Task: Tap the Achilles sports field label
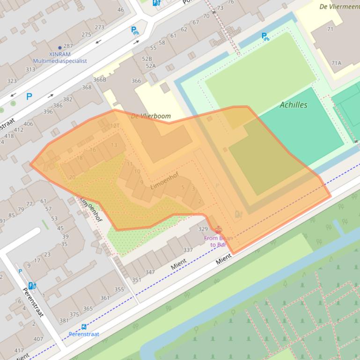click(x=294, y=105)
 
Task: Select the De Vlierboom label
click(x=151, y=116)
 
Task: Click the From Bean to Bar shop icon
click(x=218, y=230)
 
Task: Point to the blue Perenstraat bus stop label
click(x=84, y=334)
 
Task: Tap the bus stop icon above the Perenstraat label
click(x=84, y=327)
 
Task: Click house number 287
click(x=68, y=46)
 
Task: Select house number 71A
click(x=336, y=63)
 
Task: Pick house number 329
click(x=203, y=229)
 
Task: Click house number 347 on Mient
click(x=150, y=272)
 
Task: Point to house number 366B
click(x=100, y=79)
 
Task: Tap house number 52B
click(x=147, y=59)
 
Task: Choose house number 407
click(x=38, y=339)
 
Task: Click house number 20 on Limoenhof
click(x=72, y=177)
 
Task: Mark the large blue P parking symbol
click(x=29, y=97)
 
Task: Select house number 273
click(x=99, y=27)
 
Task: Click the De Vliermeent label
click(x=339, y=7)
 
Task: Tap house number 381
click(x=64, y=321)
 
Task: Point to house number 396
click(x=48, y=112)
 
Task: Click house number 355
click(x=119, y=289)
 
